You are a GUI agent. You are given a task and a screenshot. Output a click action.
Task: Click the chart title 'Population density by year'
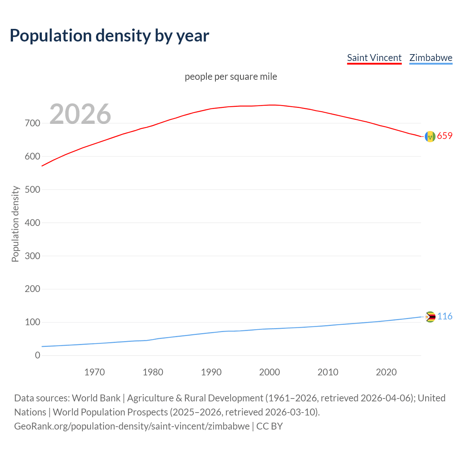coord(109,35)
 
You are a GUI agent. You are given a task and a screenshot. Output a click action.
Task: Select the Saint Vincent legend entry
coord(374,58)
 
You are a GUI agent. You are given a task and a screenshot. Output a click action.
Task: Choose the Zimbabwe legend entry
coord(431,58)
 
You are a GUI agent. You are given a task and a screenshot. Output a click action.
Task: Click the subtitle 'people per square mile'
coord(231,77)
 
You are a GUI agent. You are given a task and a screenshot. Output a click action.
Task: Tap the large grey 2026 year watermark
coord(80,114)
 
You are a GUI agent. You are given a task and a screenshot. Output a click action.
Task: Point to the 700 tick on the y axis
coord(32,123)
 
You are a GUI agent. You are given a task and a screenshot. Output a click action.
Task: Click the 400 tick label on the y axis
coord(32,223)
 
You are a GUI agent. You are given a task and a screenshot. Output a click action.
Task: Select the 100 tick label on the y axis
coord(32,322)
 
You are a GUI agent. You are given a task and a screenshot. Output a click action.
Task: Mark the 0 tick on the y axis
coord(38,355)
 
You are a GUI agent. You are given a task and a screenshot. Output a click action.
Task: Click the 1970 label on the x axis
coord(95,372)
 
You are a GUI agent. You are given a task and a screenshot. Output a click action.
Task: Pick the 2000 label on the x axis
coord(270,372)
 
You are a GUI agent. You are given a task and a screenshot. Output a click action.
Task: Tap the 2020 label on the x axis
coord(386,372)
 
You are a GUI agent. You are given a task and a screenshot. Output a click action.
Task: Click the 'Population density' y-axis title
coord(15,224)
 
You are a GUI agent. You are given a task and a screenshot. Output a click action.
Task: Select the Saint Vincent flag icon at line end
coord(430,136)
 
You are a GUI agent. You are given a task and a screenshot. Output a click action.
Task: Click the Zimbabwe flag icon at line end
coord(430,317)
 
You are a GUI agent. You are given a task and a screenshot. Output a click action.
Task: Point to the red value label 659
coord(445,136)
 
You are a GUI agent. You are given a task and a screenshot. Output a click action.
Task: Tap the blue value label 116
coord(445,316)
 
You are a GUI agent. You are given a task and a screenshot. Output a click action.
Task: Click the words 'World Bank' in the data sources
coord(96,398)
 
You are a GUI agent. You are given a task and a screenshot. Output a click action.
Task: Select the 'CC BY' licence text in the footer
coord(270,426)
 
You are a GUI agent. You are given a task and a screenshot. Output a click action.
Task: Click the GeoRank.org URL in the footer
coord(132,426)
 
